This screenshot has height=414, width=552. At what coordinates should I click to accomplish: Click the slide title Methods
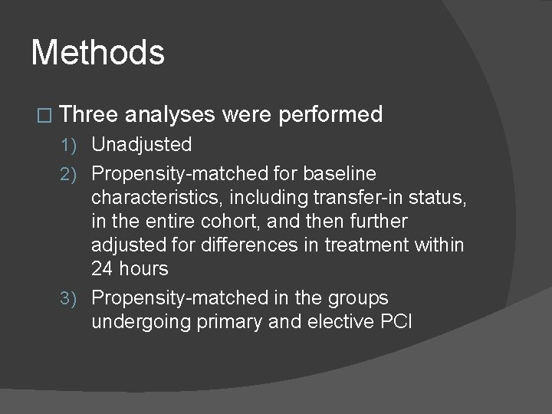coord(97,54)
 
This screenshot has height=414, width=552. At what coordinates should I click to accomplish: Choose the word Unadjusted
coord(142,144)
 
